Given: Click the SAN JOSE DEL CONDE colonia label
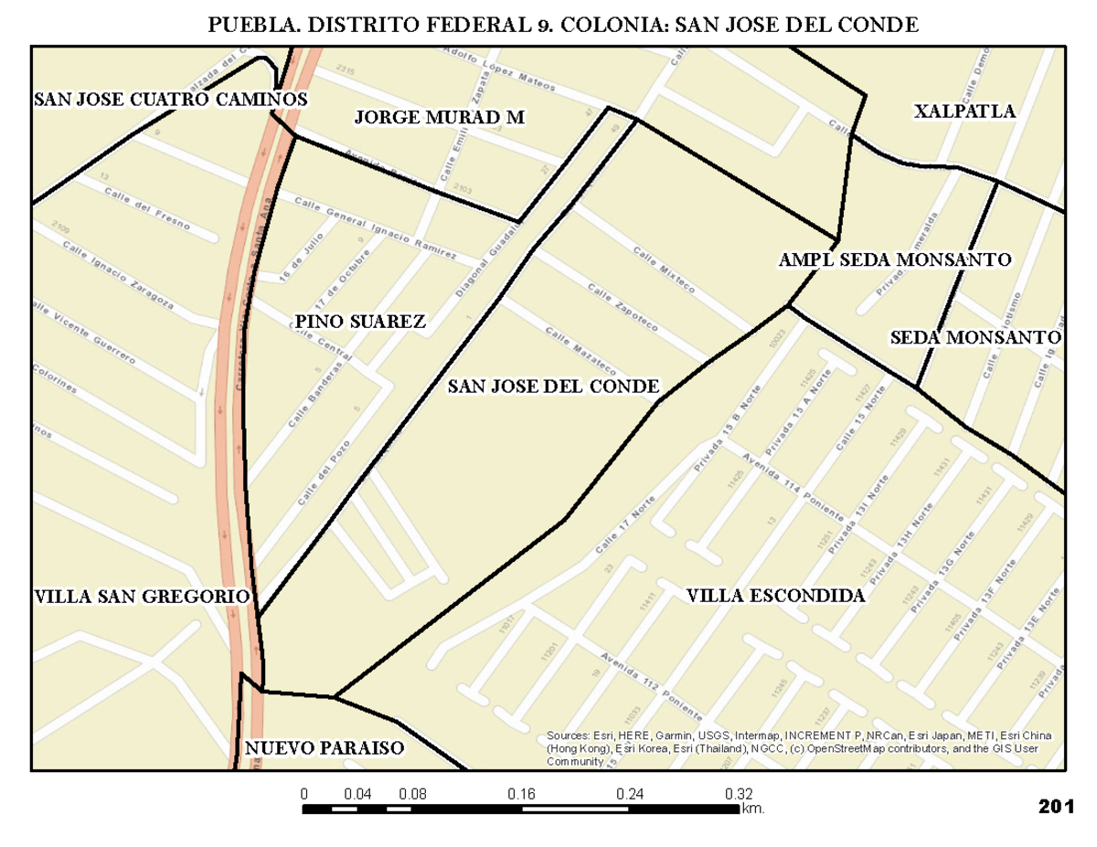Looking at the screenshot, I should [x=553, y=386].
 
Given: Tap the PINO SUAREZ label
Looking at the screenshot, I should [x=360, y=321].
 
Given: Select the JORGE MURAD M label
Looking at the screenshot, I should [x=439, y=117].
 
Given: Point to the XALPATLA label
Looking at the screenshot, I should [x=964, y=111].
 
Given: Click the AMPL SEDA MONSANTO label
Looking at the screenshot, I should [x=894, y=259].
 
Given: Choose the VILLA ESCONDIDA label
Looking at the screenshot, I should [x=775, y=597].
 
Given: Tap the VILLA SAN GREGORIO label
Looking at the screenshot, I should [x=142, y=597].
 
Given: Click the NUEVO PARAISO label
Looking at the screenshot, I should [x=324, y=748].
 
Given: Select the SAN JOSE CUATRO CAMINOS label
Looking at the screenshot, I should [x=170, y=99].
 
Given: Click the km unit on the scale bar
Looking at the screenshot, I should [x=753, y=809].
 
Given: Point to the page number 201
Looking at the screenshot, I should [x=1055, y=807].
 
